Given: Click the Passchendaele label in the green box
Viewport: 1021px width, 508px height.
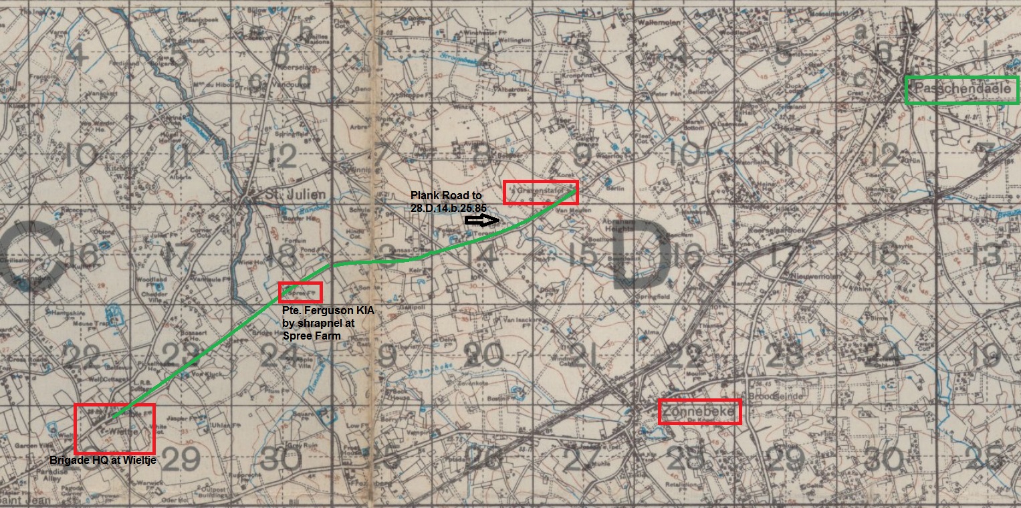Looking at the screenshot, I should (961, 90).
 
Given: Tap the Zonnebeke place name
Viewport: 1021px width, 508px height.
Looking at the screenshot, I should (699, 412).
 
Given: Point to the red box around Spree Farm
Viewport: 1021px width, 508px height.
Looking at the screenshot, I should (300, 292).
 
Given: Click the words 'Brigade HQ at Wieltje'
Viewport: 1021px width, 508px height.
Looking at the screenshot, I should (107, 460).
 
